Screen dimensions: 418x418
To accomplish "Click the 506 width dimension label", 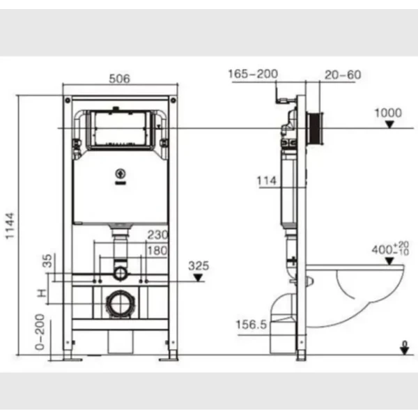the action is coord(119,79).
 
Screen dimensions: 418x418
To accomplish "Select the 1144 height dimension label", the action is coord(10,226).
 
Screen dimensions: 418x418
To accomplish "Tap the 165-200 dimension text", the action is coord(253,74).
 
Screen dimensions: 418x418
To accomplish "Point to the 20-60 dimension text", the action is coord(343,75).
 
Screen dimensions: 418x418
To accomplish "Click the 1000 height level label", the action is coord(388,113).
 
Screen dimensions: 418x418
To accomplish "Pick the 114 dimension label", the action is coord(267,181).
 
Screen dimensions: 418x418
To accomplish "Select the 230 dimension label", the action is coord(158,235).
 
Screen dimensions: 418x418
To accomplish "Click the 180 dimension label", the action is coord(157,251).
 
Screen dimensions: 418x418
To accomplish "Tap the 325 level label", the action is coord(199,266).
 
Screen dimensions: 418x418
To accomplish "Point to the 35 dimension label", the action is coord(47,261).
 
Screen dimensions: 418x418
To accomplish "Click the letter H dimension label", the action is coord(42,293).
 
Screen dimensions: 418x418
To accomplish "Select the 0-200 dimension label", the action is coord(40,332).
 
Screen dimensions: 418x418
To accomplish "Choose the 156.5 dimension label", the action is coord(251,325).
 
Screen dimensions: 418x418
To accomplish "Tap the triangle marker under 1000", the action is coord(389,125).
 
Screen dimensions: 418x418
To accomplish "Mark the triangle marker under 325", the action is coord(198,278).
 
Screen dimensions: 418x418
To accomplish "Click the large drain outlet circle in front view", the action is coord(121,304).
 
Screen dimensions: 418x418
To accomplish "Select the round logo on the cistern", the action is coord(121,173).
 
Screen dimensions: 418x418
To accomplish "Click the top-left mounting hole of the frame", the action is coord(68,100).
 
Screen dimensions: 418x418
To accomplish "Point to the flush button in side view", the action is coord(315,128).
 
